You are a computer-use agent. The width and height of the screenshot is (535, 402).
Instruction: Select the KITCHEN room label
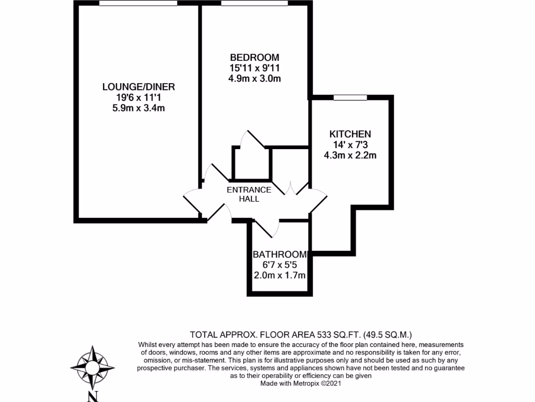(350, 134)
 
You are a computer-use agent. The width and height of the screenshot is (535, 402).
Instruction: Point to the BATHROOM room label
(280, 254)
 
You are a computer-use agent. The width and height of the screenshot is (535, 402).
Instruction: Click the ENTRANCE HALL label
(249, 194)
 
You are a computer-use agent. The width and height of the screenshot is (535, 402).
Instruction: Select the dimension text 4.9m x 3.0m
(254, 79)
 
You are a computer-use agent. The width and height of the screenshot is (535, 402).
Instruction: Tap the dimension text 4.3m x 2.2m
(350, 155)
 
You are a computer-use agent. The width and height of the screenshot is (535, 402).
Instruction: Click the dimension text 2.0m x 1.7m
(280, 275)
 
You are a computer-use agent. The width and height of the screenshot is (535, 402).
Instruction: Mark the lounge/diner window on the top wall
(138, 4)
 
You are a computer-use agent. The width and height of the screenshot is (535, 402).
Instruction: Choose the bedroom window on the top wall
(254, 4)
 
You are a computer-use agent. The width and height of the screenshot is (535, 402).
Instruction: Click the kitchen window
(350, 97)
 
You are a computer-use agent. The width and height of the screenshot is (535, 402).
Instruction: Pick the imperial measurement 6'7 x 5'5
(280, 265)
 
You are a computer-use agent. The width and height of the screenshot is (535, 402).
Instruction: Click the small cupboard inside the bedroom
(251, 164)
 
